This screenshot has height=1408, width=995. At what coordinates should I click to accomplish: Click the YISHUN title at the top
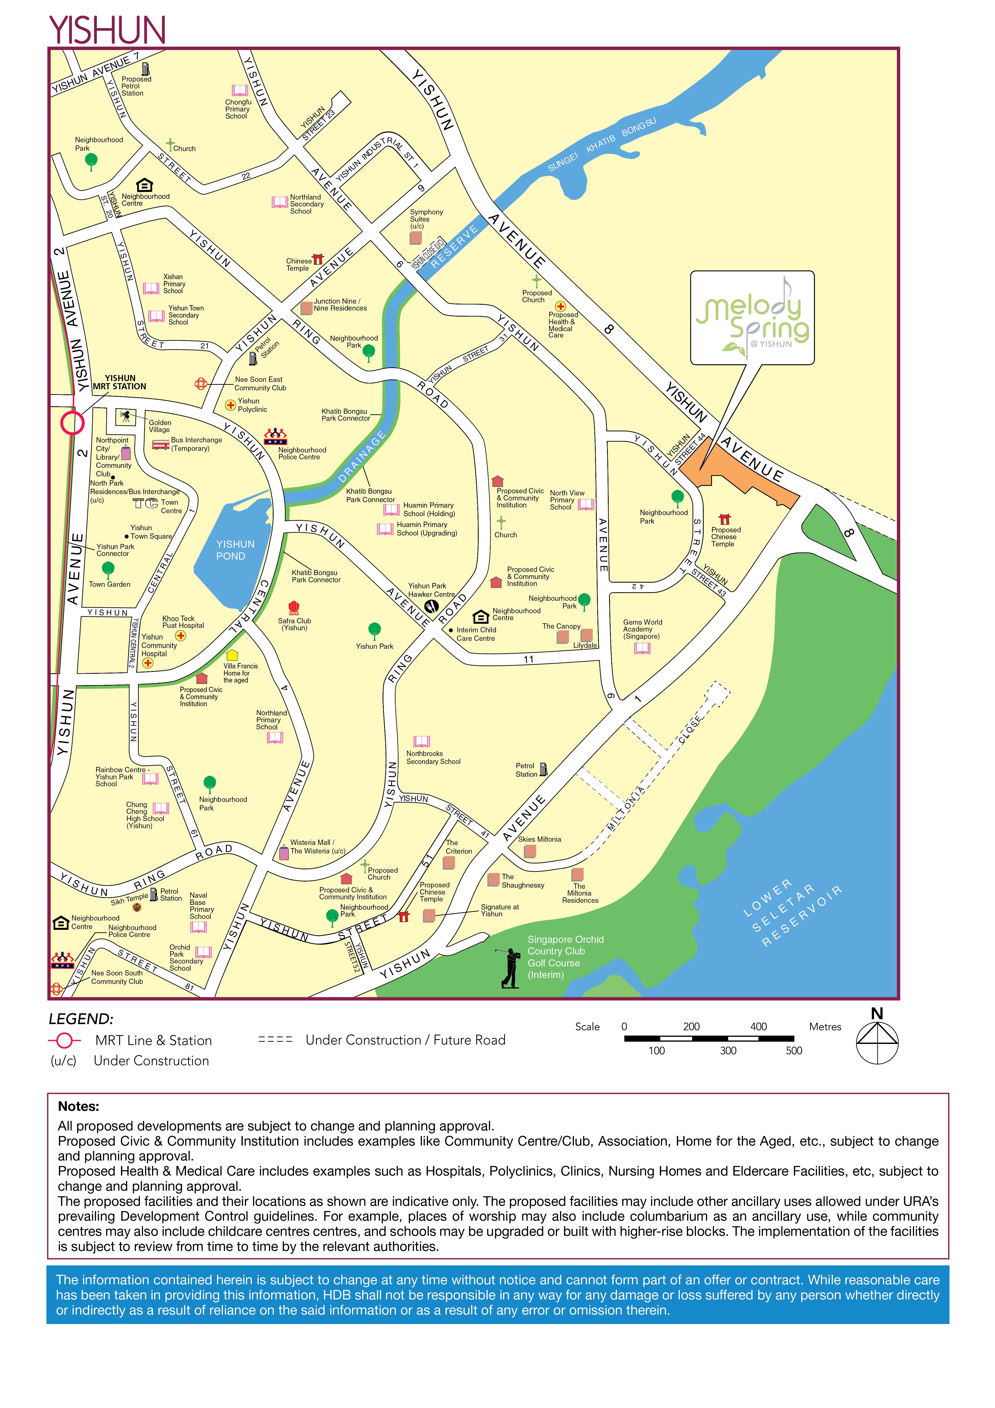pyautogui.click(x=107, y=29)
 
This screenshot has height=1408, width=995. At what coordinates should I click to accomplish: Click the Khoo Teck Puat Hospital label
pyautogui.click(x=183, y=622)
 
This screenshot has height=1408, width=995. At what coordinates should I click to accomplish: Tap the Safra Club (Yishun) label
pyautogui.click(x=294, y=624)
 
